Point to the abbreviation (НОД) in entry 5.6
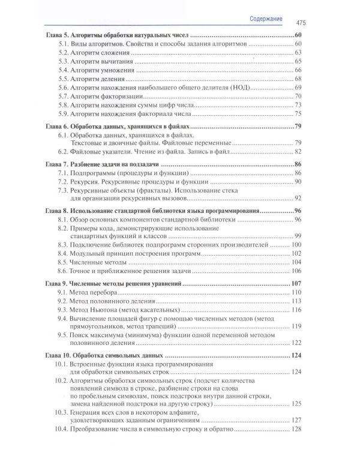point(230,88)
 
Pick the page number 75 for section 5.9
point(298,113)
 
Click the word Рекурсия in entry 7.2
point(88,181)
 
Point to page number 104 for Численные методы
point(296,262)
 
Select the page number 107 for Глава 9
point(296,284)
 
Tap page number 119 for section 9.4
point(296,326)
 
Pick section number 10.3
point(61,413)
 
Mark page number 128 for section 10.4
point(296,430)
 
